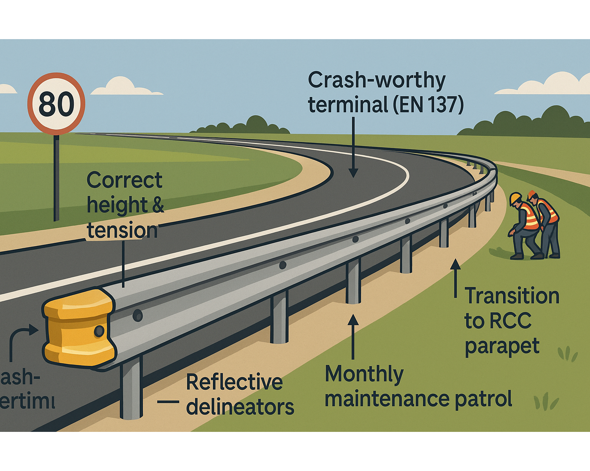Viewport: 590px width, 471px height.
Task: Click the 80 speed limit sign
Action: [56, 104]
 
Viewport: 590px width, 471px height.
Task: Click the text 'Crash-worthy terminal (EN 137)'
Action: [385, 92]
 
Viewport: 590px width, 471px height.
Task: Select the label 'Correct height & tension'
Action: [125, 205]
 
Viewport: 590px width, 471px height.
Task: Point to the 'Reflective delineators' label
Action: [240, 394]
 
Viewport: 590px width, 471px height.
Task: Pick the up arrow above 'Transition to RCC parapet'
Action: [456, 278]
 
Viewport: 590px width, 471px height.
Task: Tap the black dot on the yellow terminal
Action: [99, 331]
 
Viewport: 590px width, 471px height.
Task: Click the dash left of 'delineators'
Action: [168, 402]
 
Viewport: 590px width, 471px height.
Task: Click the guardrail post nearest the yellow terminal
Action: [131, 389]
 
